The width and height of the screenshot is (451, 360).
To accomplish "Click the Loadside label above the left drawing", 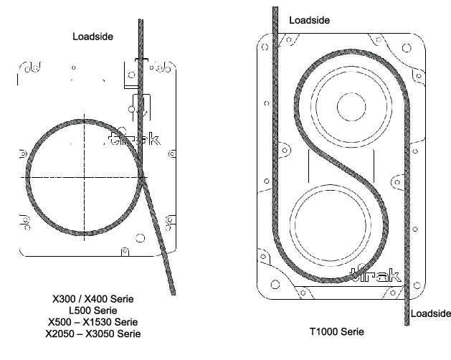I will (x=93, y=35).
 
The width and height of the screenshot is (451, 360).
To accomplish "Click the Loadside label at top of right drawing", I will (x=309, y=20).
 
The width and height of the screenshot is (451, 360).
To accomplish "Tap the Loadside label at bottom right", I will (x=430, y=314).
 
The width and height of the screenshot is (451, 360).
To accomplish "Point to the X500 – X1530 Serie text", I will (x=93, y=322).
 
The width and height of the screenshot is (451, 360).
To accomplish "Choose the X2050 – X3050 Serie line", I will (x=93, y=333).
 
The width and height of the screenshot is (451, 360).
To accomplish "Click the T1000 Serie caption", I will (x=336, y=332).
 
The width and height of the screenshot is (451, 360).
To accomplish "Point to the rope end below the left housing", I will (x=173, y=290).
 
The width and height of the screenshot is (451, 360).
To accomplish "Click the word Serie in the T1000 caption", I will (x=351, y=332).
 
